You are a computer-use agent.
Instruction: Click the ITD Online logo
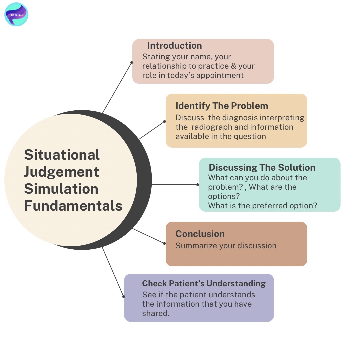point(16,15)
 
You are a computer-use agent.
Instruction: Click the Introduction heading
point(174,46)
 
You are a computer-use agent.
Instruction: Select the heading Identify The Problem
point(222,106)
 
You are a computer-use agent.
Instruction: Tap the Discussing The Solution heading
point(262,167)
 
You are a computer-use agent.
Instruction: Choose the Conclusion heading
point(200,234)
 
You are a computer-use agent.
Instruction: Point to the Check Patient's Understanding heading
point(204,283)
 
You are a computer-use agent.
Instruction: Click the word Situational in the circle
point(62,155)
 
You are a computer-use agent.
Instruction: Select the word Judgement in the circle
point(62,172)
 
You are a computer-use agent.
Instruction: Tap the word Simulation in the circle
point(61,189)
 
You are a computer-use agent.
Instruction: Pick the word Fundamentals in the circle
point(73,206)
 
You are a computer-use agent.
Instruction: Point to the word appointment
point(220,75)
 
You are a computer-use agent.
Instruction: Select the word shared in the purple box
point(155,313)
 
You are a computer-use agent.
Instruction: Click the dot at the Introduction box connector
point(132,62)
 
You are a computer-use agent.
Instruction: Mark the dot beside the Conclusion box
point(165,243)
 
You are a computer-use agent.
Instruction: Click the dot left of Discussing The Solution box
point(198,184)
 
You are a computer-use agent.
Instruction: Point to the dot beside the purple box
point(124,296)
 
